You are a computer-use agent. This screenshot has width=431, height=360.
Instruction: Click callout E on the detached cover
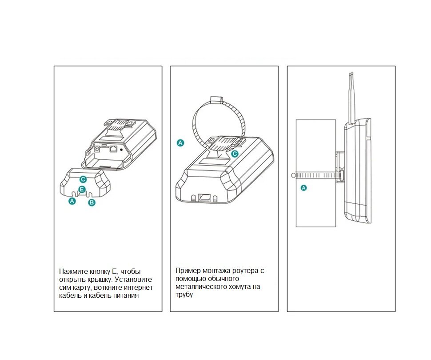coord(82,190)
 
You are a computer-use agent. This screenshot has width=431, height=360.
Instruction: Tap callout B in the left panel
coord(92,202)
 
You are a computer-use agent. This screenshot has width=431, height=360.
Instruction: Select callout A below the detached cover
coord(72,201)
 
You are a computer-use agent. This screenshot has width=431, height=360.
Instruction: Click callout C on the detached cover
coord(83,179)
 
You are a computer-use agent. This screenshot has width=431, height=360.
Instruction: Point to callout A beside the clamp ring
coord(180,142)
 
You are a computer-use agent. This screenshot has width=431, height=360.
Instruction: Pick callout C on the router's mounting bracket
coord(235,154)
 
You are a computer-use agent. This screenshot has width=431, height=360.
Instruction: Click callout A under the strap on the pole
coord(304,188)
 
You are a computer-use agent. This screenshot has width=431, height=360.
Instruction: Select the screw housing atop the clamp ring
coord(216,98)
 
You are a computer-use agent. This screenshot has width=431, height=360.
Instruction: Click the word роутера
coord(245,270)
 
